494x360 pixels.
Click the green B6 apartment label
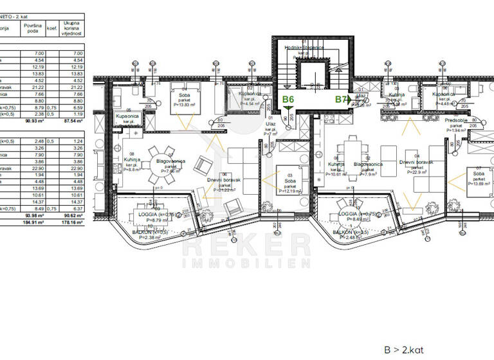click(x=288, y=100)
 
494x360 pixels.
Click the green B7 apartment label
click(x=342, y=100)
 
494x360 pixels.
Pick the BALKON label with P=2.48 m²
click(x=347, y=233)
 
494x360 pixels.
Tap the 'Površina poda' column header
click(x=33, y=28)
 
